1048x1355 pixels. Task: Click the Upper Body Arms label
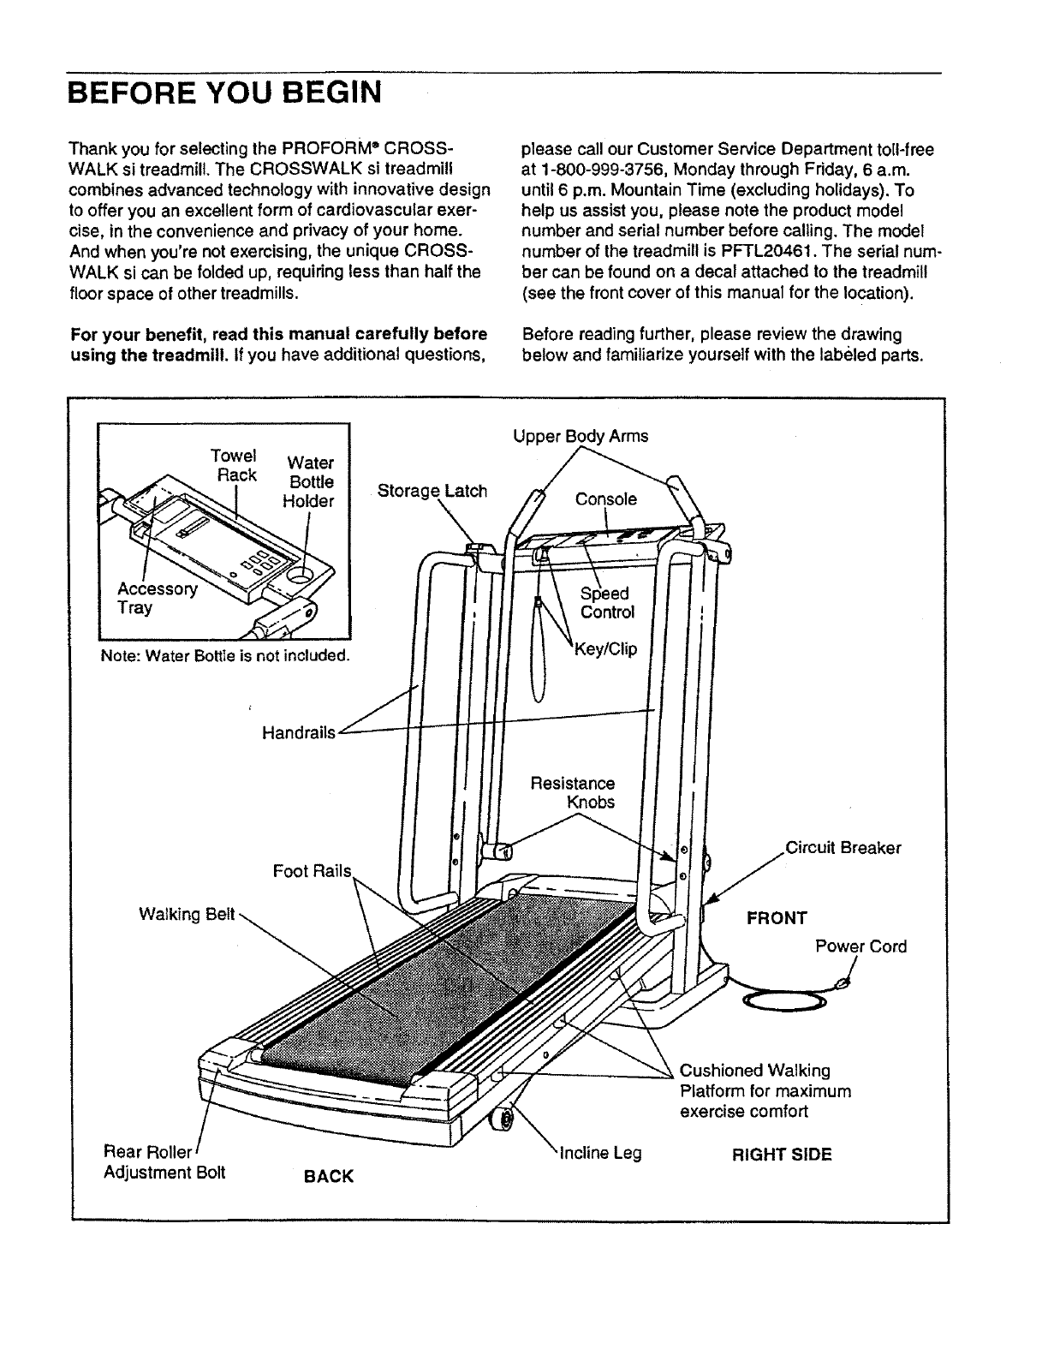click(581, 436)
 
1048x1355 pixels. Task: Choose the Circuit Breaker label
click(843, 848)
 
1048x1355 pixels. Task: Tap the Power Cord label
click(860, 946)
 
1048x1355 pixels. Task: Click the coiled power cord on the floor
click(786, 1001)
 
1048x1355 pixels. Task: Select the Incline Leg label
click(599, 1153)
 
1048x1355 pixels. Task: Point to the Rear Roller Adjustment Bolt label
click(163, 1161)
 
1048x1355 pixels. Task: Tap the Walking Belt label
click(186, 914)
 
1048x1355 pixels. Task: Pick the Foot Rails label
click(312, 871)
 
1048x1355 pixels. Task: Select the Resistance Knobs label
click(573, 792)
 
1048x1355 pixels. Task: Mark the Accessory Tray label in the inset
click(157, 598)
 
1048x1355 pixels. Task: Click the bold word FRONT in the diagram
click(777, 918)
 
